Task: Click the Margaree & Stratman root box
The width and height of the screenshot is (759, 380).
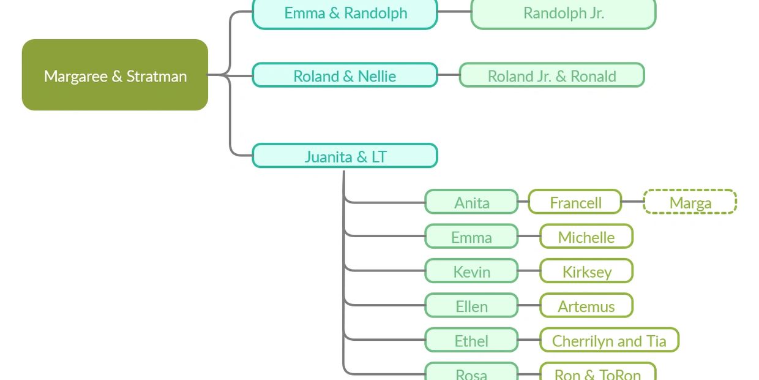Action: click(x=115, y=75)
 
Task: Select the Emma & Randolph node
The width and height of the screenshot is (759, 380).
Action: click(x=345, y=13)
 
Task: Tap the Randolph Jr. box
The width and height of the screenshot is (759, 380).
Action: click(x=563, y=13)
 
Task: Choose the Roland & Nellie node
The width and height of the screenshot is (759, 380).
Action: click(x=345, y=75)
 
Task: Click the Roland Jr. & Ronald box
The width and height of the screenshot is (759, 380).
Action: click(x=551, y=75)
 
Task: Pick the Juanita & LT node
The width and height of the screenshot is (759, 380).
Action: click(x=345, y=156)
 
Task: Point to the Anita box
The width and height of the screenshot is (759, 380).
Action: click(x=471, y=202)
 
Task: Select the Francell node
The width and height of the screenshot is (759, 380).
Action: click(x=575, y=202)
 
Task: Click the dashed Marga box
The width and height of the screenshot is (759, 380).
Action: click(x=690, y=202)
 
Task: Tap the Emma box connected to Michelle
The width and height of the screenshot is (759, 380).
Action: click(x=471, y=237)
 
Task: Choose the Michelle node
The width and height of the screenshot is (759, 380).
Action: click(x=586, y=237)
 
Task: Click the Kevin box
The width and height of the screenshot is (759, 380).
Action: click(x=471, y=271)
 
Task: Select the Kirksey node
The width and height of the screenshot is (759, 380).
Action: click(x=586, y=271)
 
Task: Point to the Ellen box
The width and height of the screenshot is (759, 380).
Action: click(x=471, y=306)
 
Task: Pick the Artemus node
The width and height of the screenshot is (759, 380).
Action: click(x=586, y=306)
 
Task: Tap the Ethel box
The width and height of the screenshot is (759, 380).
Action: click(x=471, y=340)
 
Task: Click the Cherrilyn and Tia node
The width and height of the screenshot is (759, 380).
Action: click(x=609, y=340)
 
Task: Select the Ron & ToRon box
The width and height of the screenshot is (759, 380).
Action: click(x=597, y=373)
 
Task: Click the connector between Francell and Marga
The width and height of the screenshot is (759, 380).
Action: click(x=632, y=202)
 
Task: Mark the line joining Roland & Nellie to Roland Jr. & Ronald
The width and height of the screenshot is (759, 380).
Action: click(x=449, y=75)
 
